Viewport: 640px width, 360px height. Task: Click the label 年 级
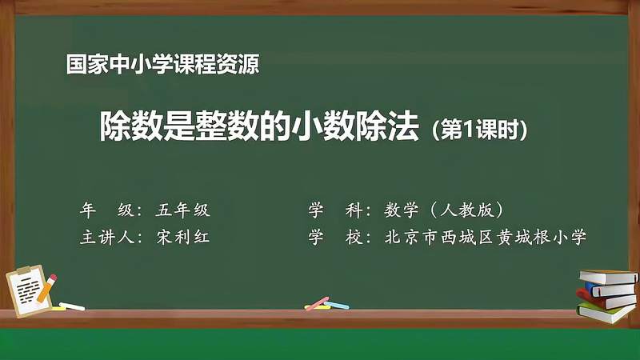coord(106,210)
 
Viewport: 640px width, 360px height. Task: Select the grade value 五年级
coord(183,210)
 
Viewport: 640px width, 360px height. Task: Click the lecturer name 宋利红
coord(183,237)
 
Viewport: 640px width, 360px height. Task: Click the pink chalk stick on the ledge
coord(318,303)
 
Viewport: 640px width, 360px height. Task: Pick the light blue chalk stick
coord(338,305)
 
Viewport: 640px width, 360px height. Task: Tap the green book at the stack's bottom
coord(606,313)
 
